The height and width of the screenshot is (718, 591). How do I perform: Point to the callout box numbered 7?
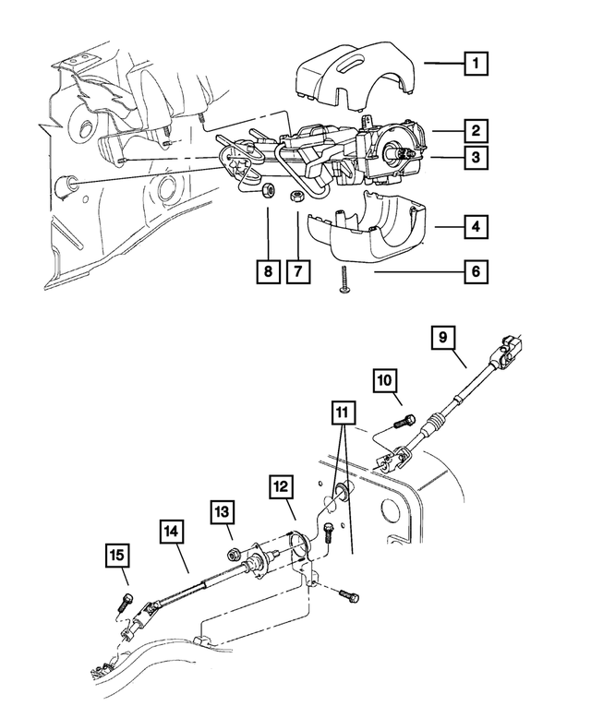(298, 272)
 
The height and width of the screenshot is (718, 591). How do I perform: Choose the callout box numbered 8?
(266, 272)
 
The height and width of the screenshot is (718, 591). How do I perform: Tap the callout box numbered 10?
(385, 380)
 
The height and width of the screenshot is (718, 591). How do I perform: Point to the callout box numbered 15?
(117, 556)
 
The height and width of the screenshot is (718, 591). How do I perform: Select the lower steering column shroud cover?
(361, 232)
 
